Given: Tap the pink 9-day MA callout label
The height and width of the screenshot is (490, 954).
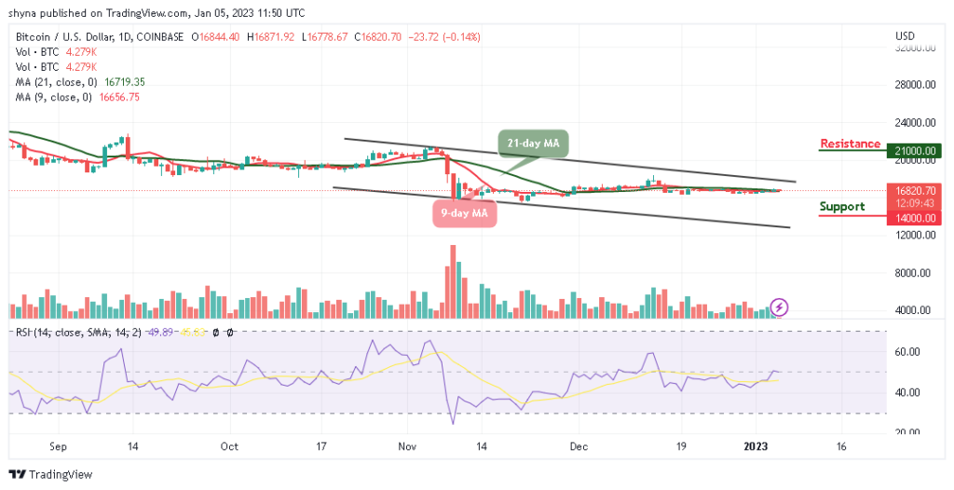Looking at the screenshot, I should coord(463,212).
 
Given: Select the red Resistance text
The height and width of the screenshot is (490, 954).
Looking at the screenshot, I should coord(850,143).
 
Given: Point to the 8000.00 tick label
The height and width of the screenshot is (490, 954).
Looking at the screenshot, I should coord(915,273).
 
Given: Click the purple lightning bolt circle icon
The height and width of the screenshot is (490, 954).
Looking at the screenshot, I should coord(781,306).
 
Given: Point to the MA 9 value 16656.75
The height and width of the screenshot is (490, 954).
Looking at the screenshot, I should coord(115,97).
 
